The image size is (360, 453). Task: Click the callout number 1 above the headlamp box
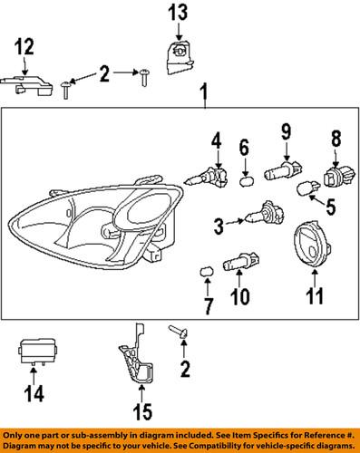(x=205, y=92)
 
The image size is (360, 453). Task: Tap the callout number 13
(x=178, y=12)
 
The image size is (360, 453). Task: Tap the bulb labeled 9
(x=282, y=169)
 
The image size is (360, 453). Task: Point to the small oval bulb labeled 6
(x=244, y=178)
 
